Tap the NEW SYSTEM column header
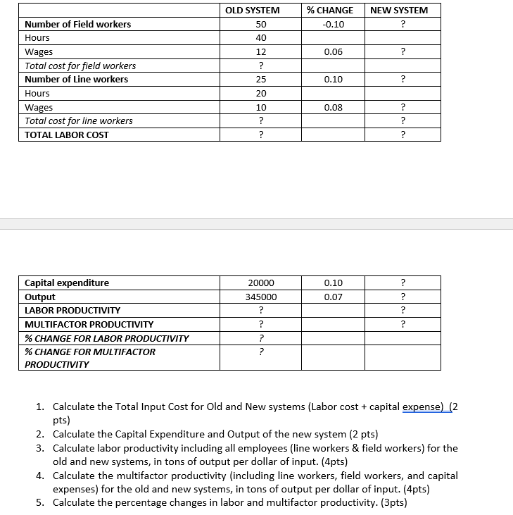399,10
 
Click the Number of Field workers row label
77,24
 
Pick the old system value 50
261,24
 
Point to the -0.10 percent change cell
333,24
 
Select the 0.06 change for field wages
333,51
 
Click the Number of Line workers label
76,79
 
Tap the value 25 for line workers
261,79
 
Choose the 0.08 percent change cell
333,107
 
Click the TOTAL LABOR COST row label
67,135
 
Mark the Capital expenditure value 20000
261,283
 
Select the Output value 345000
261,297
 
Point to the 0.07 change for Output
333,297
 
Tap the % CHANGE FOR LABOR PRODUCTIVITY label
106,338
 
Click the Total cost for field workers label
80,66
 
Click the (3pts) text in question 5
391,502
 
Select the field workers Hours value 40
261,37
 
